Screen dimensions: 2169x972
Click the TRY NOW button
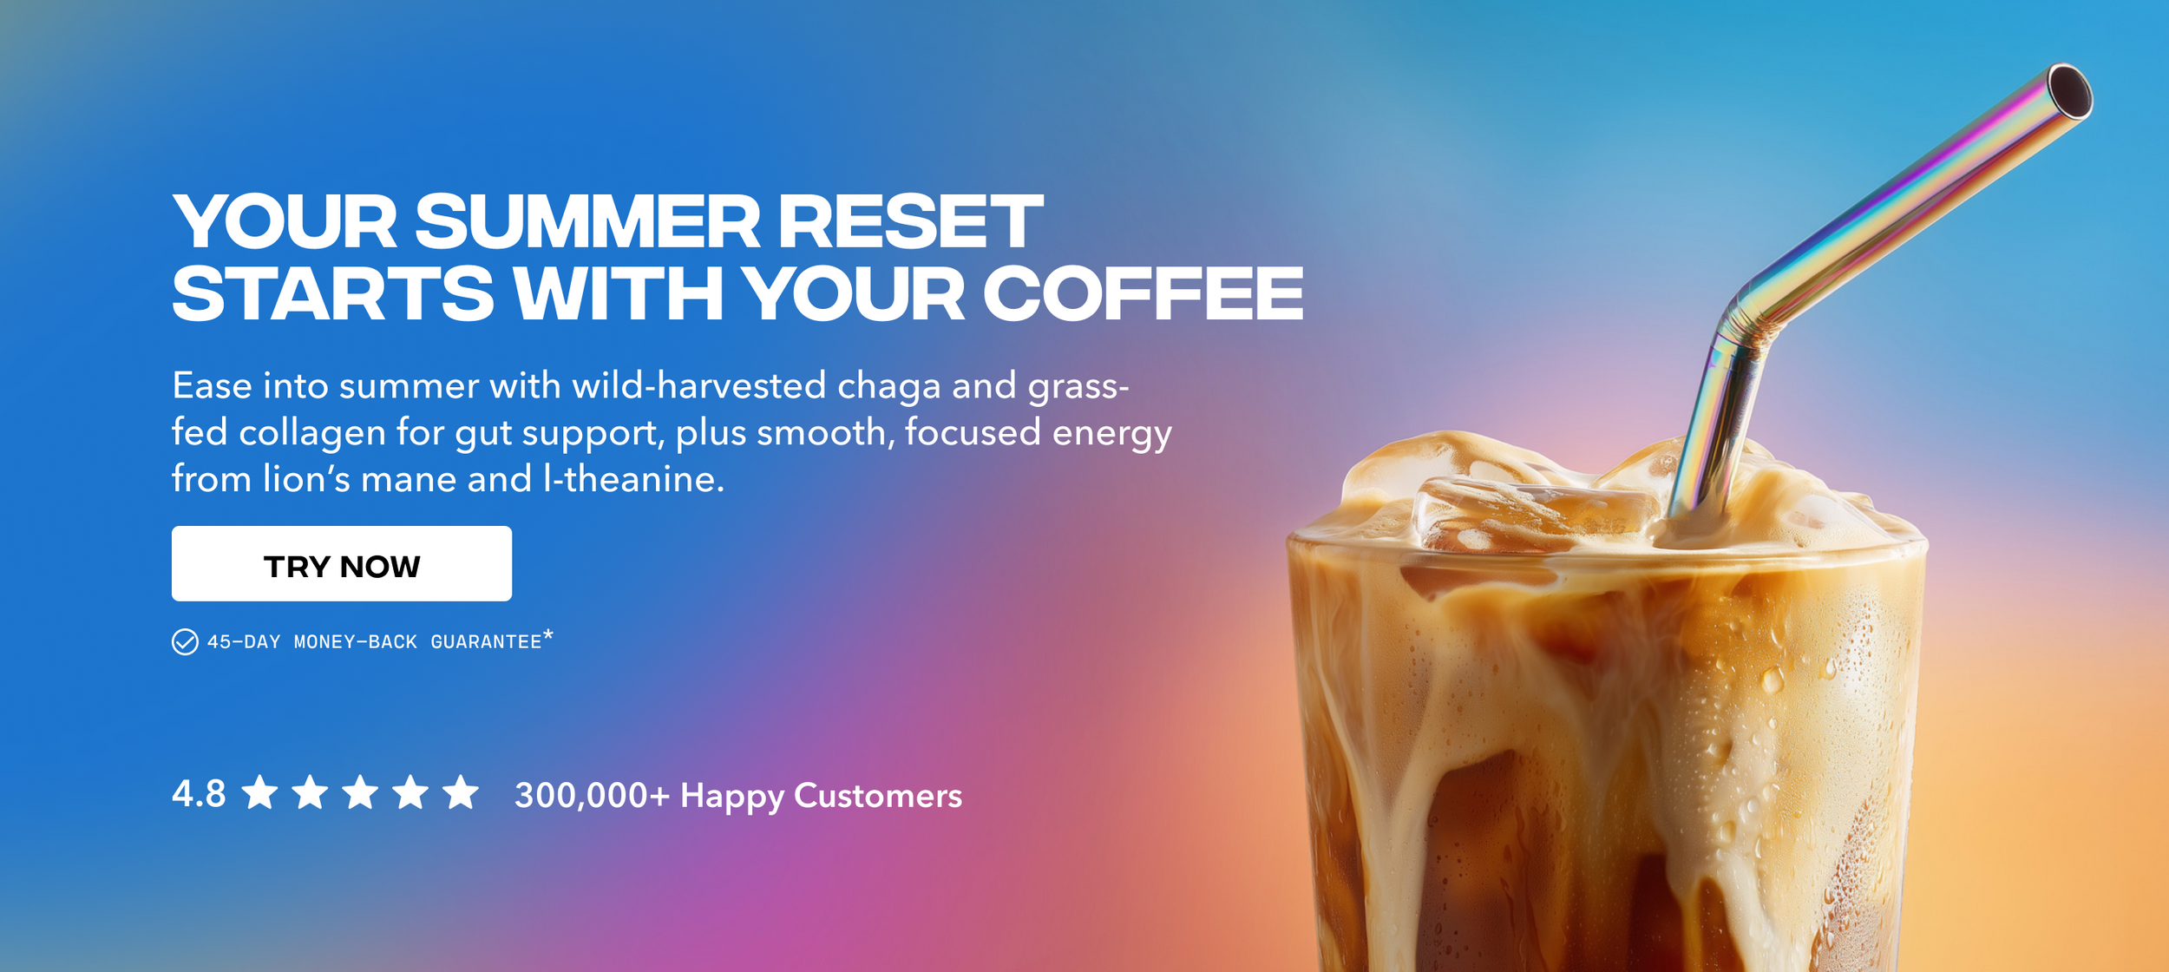pos(342,563)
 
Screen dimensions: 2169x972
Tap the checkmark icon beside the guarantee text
pos(185,642)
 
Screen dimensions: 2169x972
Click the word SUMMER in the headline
pos(587,221)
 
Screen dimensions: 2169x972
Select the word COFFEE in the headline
pos(1143,294)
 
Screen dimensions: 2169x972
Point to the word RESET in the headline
pos(910,221)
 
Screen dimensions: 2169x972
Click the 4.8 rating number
pos(199,794)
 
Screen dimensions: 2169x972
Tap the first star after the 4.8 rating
pos(259,792)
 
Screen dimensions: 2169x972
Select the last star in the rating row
pos(461,792)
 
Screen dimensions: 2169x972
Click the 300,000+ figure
pos(592,795)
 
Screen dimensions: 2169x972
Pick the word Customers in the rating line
pos(878,795)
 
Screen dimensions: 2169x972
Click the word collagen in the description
pos(312,432)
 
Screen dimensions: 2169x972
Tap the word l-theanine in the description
pos(633,479)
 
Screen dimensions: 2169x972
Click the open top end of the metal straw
pos(2070,91)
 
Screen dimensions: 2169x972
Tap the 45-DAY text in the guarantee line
pos(244,642)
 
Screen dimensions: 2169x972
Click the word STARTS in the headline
pos(333,294)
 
